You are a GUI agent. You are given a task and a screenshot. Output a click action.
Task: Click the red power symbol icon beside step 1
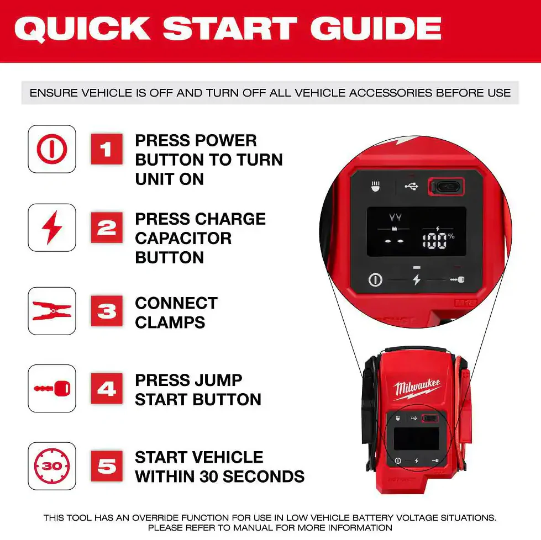click(x=52, y=149)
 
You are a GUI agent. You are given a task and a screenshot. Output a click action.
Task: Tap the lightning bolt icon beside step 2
click(x=52, y=227)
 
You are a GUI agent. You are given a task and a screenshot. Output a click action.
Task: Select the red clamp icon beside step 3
click(x=52, y=311)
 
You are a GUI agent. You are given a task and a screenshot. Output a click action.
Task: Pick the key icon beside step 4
click(x=52, y=389)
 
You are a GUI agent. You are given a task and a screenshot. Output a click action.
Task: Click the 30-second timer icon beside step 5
click(x=52, y=466)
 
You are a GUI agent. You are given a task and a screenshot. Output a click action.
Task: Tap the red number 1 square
click(x=107, y=149)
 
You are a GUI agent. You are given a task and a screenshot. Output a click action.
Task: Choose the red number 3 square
click(x=107, y=311)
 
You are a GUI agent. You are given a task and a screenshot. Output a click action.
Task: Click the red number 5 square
click(x=107, y=466)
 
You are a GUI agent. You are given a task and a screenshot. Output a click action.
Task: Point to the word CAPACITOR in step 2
click(x=183, y=239)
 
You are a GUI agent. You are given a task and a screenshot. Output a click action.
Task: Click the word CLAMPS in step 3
click(x=170, y=323)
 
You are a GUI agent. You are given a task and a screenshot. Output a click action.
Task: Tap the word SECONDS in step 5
click(x=264, y=477)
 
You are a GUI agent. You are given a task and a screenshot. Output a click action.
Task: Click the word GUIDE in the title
click(x=376, y=29)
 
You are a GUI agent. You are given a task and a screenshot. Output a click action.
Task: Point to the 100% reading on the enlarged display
click(x=438, y=240)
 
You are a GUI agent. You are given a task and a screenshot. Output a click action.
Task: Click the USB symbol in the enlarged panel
click(x=411, y=187)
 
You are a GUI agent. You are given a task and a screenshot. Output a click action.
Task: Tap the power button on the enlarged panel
click(x=375, y=279)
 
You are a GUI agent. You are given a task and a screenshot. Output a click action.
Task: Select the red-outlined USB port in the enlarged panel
click(x=446, y=187)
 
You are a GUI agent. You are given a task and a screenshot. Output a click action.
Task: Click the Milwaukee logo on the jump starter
click(x=417, y=389)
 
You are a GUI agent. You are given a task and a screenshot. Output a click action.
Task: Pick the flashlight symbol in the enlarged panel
click(x=375, y=186)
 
